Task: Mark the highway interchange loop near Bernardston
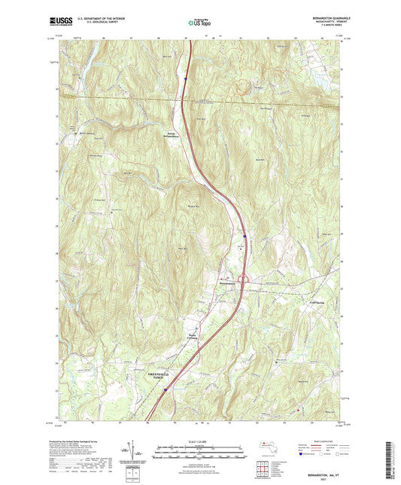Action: tap(245, 280)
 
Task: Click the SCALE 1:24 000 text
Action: tap(199, 441)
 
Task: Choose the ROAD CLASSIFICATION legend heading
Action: tap(331, 441)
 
